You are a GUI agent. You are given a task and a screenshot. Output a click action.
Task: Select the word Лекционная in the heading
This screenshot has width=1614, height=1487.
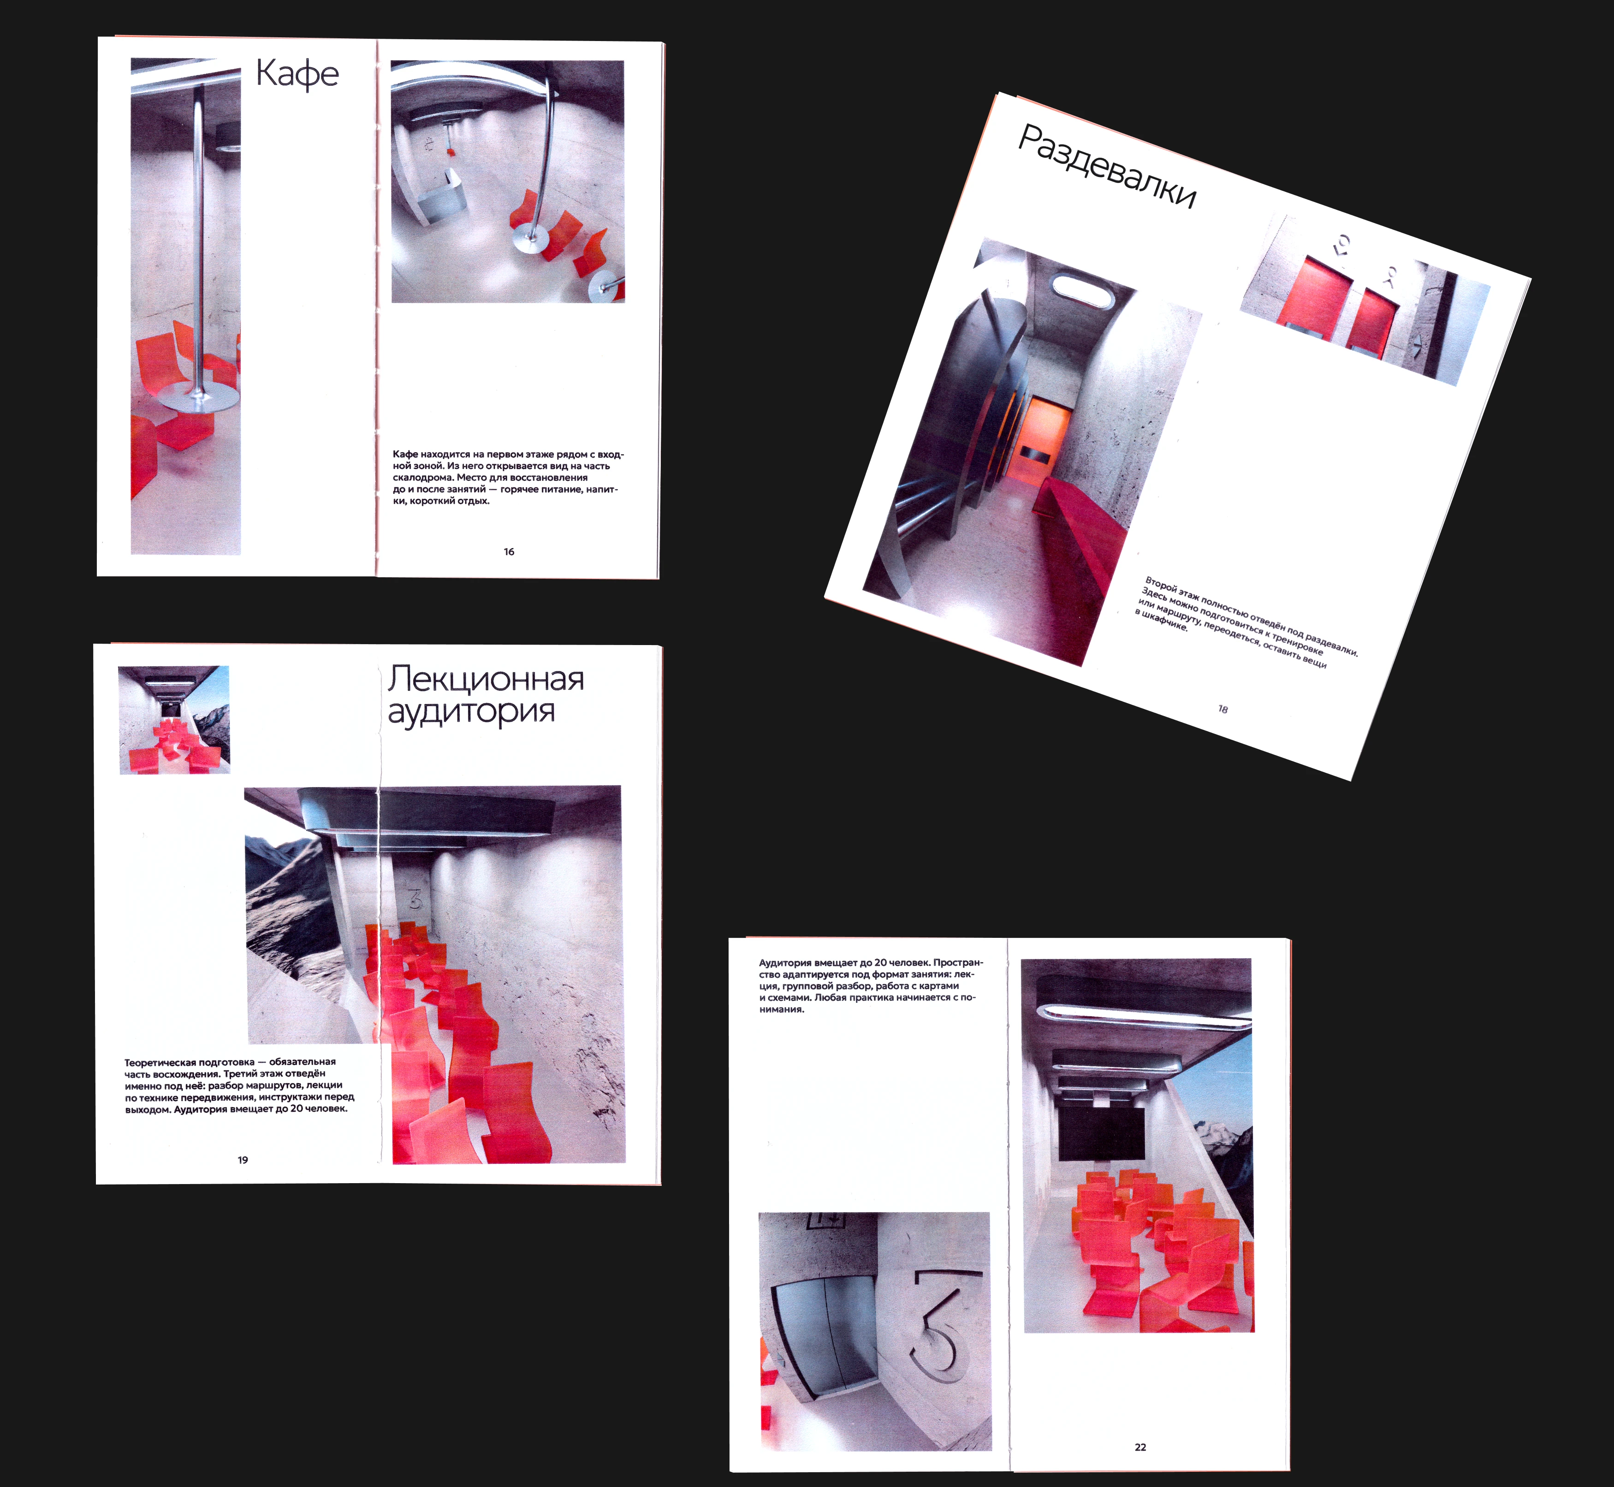point(486,679)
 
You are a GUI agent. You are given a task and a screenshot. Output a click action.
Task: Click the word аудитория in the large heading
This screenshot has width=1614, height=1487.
point(471,712)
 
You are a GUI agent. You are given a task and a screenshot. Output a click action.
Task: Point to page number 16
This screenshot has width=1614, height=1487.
point(509,552)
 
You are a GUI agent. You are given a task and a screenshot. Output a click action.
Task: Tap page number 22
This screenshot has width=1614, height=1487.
point(1140,1447)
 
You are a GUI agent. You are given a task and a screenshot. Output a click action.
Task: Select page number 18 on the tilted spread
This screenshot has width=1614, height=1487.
point(1223,709)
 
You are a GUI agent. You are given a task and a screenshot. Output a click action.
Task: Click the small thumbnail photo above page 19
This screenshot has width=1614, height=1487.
point(174,719)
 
